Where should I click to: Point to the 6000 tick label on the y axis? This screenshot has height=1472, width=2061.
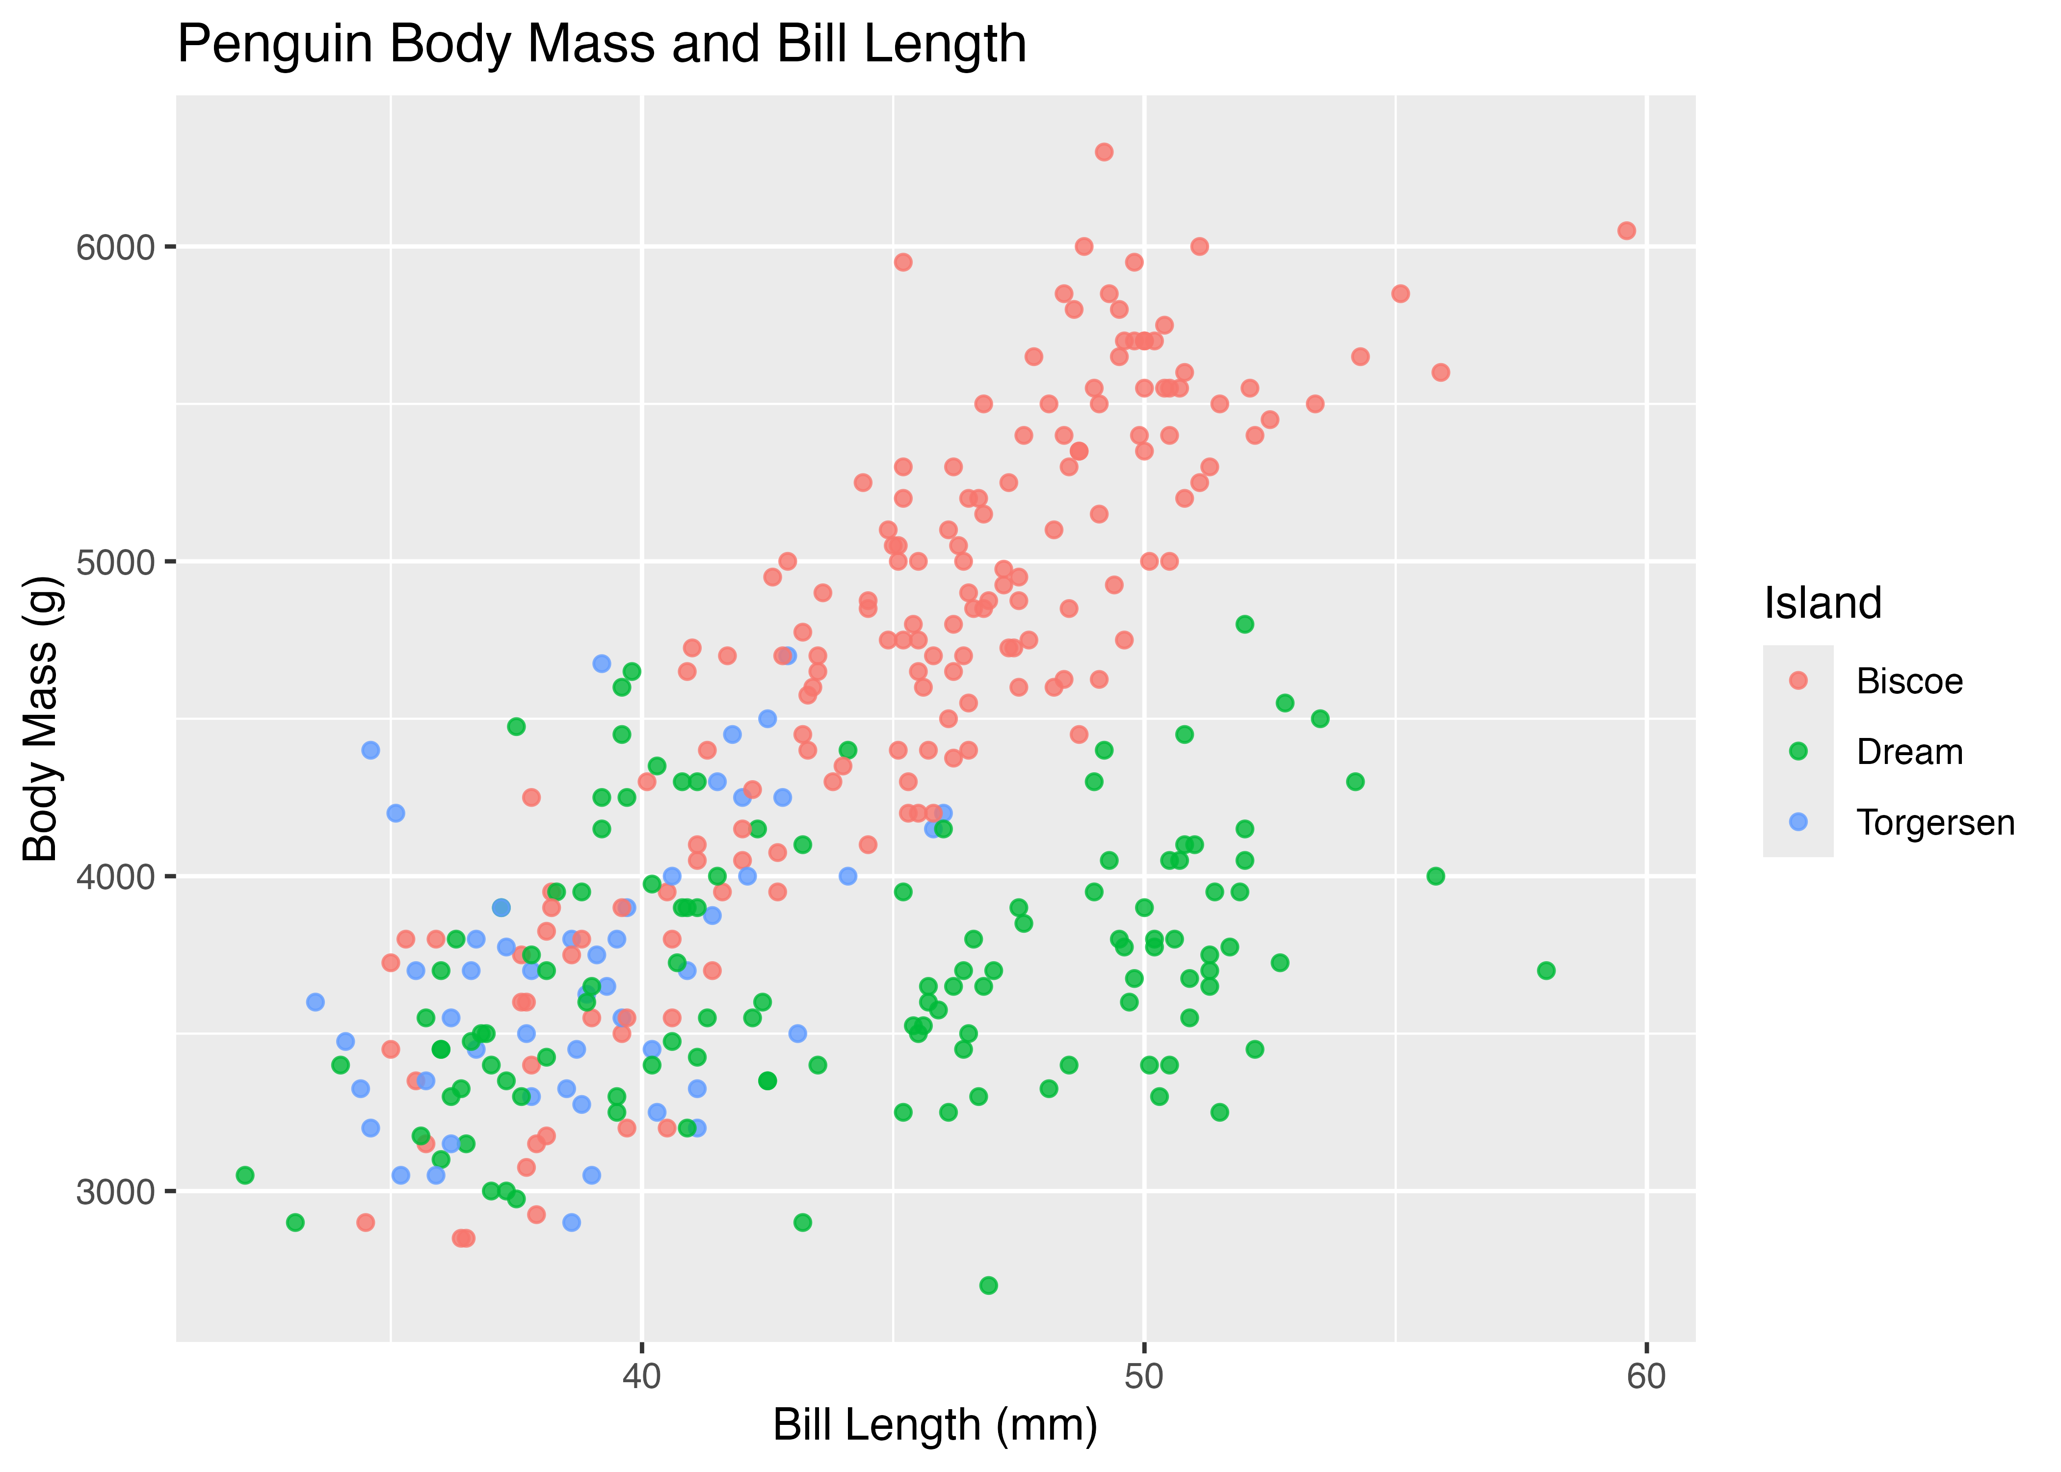[115, 247]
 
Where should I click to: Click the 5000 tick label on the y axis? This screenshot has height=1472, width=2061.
[115, 562]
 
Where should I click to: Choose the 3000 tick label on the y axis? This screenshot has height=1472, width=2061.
[115, 1192]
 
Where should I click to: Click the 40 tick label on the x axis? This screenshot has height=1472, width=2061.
[642, 1376]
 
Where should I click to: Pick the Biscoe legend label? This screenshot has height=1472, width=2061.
[1909, 682]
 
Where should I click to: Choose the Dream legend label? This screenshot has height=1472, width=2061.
[1909, 752]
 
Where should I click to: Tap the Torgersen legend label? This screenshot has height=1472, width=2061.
[1935, 823]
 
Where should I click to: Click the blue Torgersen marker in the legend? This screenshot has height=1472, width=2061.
[1798, 822]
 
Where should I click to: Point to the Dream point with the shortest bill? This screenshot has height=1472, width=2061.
[245, 1176]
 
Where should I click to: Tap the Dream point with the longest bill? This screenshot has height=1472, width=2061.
[1546, 971]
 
